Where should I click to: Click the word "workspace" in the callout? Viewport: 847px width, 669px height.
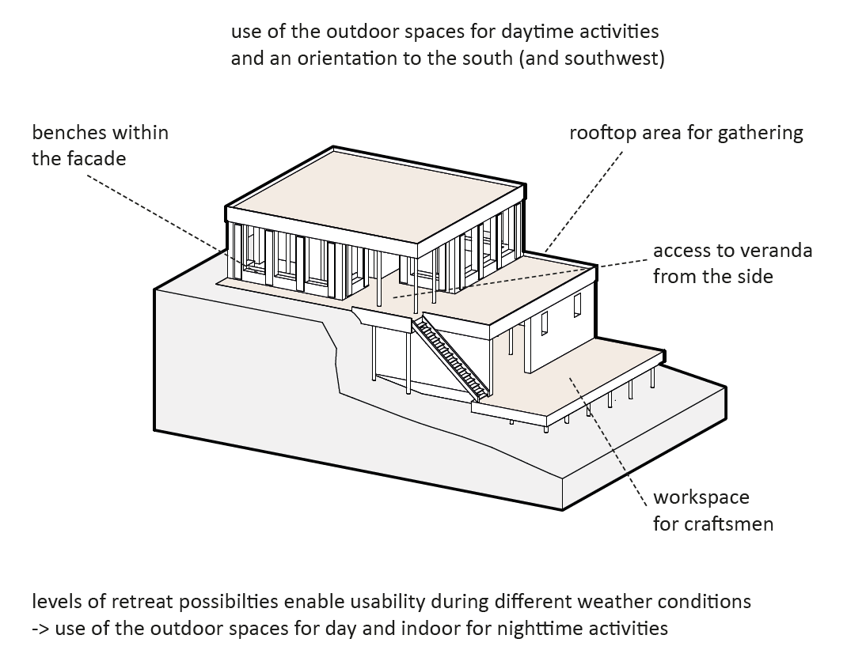(701, 498)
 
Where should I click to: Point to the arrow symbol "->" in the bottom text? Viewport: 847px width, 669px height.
(41, 629)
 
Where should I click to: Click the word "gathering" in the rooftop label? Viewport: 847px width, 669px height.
(760, 133)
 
